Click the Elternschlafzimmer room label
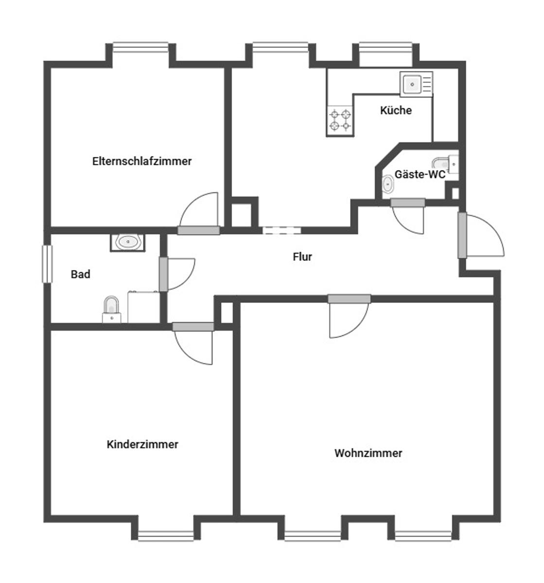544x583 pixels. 141,161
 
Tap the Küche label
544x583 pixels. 396,110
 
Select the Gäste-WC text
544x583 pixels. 420,174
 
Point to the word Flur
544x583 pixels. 302,257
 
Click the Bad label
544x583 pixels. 80,274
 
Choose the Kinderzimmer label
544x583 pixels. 142,444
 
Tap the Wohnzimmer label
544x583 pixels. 368,453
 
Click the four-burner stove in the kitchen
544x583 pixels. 340,120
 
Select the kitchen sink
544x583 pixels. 416,84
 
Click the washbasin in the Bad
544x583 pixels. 127,242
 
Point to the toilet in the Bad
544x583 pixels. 111,309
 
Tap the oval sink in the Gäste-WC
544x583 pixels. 387,184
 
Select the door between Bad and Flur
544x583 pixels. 164,274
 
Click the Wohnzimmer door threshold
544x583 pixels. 349,299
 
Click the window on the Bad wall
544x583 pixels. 47,264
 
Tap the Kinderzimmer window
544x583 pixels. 166,535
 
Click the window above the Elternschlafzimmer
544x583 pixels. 140,47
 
